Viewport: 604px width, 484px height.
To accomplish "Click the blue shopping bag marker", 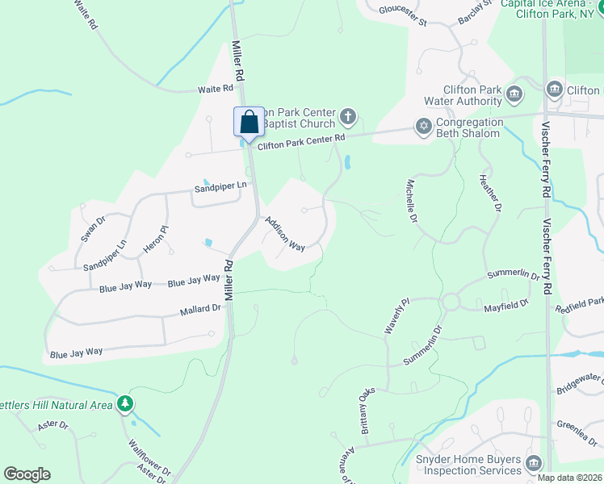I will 250,123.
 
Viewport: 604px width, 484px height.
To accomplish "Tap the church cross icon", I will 348,118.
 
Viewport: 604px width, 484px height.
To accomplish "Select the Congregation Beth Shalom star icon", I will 423,126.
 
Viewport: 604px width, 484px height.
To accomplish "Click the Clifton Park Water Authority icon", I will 514,95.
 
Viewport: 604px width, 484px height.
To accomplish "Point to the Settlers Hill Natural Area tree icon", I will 124,403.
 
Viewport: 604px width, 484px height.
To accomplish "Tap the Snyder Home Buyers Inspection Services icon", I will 533,463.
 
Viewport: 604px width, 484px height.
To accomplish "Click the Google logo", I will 27,474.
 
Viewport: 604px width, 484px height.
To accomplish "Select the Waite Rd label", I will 216,90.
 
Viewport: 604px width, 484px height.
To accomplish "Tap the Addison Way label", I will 285,234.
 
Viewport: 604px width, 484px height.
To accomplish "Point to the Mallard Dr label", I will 199,309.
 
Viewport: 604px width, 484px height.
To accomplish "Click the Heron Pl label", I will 155,240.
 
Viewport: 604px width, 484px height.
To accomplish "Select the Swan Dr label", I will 88,230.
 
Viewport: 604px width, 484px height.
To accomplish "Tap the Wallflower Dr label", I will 149,457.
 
